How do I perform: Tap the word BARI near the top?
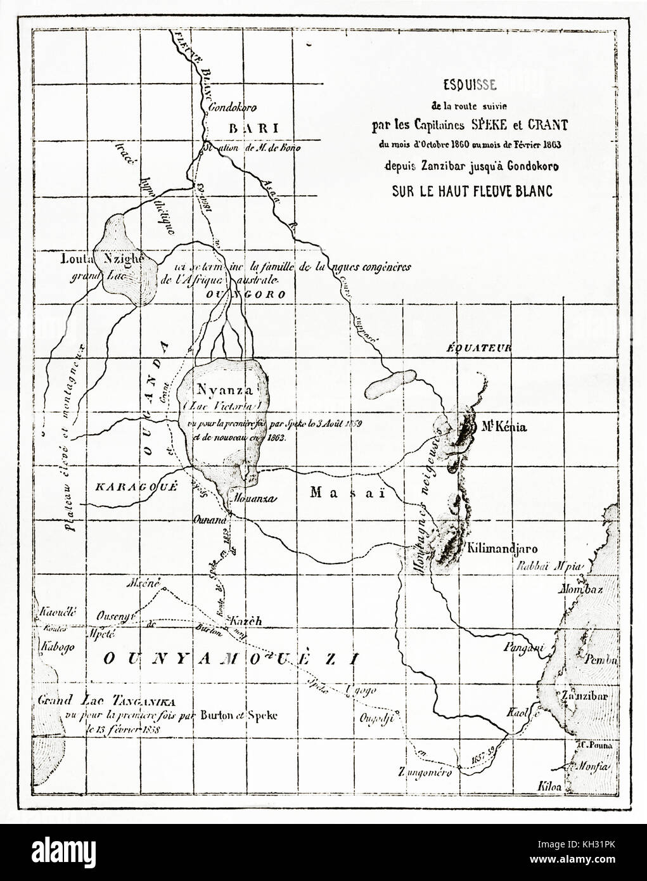pos(253,127)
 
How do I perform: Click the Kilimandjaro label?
pos(501,546)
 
